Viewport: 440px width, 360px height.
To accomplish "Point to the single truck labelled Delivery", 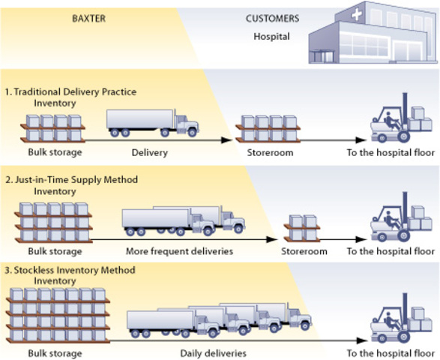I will click(152, 124).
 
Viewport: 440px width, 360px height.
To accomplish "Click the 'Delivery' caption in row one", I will click(150, 152).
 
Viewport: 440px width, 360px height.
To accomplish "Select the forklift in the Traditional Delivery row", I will click(397, 120).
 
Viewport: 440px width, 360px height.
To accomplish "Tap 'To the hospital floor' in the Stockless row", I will click(391, 352).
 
